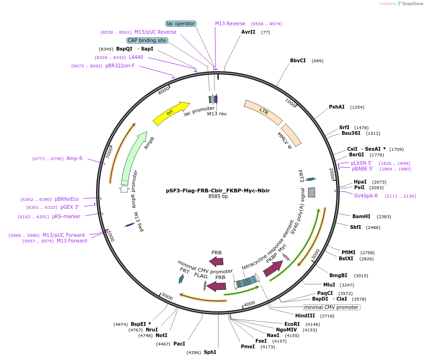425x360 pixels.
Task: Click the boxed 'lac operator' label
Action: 181,23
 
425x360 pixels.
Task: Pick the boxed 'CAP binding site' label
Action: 147,40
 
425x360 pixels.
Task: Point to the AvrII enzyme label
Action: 248,32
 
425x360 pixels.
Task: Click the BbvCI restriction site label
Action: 298,60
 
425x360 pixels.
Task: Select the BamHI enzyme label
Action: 361,216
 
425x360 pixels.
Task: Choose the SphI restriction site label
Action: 209,352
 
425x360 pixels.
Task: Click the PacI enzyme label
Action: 179,344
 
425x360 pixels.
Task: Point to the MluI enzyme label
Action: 329,285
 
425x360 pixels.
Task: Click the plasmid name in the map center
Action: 218,191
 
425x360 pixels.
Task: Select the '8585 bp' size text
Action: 218,197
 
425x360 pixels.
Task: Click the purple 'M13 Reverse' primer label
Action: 230,23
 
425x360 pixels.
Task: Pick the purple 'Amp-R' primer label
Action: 75,158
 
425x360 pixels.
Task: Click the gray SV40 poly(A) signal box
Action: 312,192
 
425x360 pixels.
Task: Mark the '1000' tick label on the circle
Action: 291,103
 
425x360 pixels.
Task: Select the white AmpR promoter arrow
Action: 124,188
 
